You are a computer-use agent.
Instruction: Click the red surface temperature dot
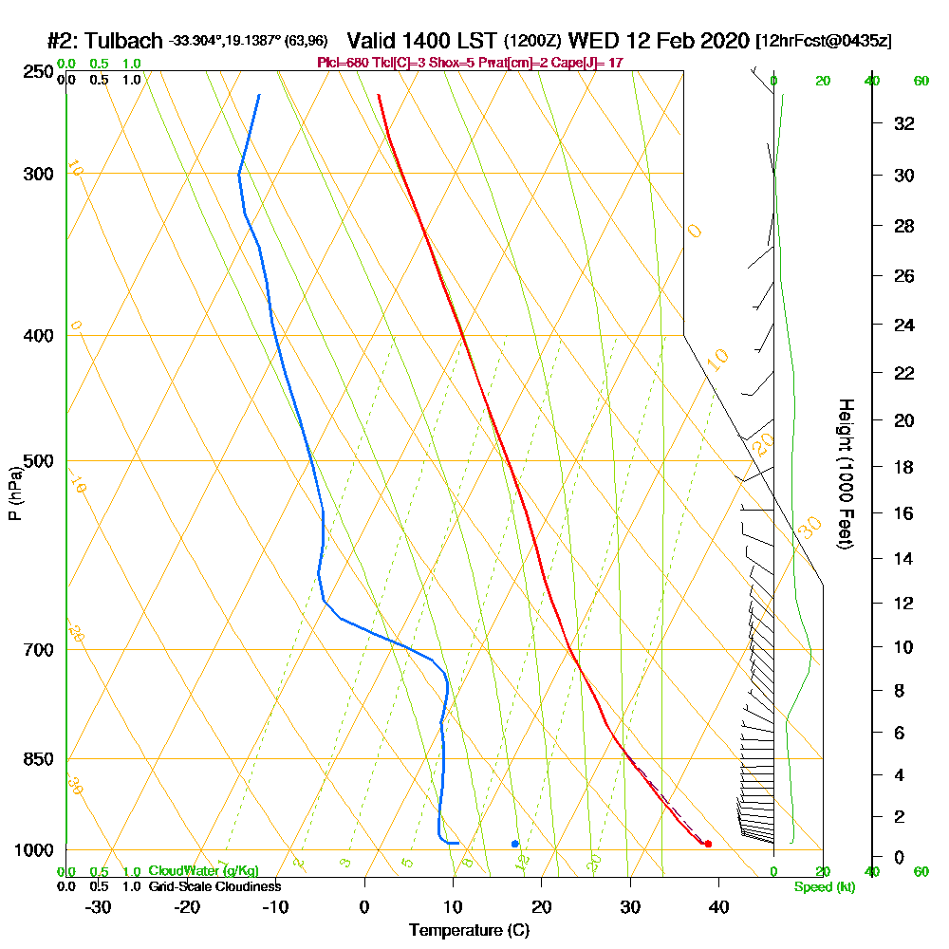coord(708,844)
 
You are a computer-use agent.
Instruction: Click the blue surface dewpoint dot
coord(515,843)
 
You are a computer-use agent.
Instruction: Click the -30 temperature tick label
coord(98,907)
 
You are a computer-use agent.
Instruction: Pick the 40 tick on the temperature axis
coord(718,907)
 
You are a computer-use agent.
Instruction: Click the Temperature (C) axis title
coord(469,931)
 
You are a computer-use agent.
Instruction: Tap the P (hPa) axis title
coord(14,493)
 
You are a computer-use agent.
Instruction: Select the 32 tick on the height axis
coord(904,123)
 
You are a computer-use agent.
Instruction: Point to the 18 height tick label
coord(904,467)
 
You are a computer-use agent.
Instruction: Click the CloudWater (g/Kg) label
coord(203,871)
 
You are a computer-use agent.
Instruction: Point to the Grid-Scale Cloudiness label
coord(214,886)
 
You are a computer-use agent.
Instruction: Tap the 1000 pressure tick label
coord(31,850)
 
